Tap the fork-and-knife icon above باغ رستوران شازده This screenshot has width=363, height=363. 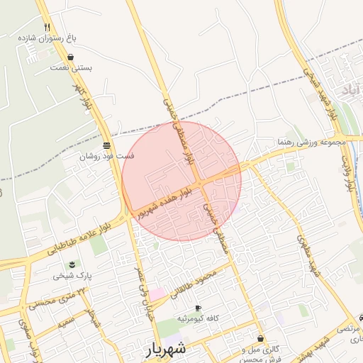tap(67, 26)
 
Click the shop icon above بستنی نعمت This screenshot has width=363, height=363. tap(70, 57)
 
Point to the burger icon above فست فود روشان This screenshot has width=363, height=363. tap(106, 145)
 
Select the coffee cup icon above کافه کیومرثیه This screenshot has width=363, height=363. tap(197, 308)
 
